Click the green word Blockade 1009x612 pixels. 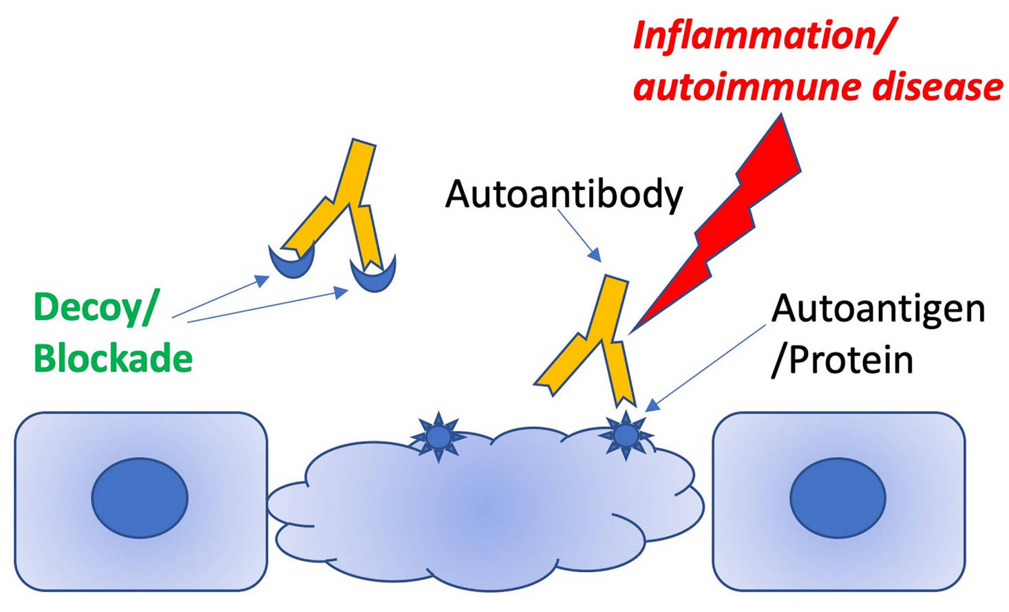(x=113, y=359)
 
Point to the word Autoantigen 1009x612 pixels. (x=878, y=308)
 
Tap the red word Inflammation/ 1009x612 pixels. (x=761, y=35)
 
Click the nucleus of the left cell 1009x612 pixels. (x=140, y=497)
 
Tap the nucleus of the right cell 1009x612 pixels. (x=838, y=497)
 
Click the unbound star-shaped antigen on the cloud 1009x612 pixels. (x=438, y=436)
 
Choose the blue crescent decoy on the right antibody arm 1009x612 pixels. (x=373, y=273)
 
